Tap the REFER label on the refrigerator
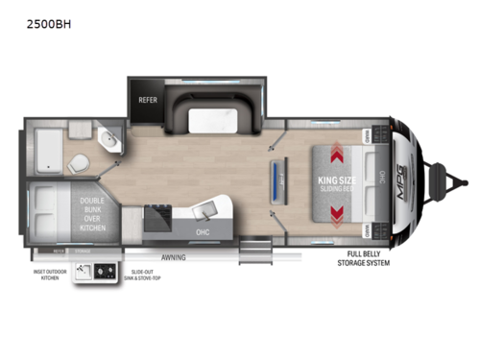click(x=150, y=97)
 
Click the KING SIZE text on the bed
click(x=338, y=179)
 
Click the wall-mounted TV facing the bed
click(x=278, y=182)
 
